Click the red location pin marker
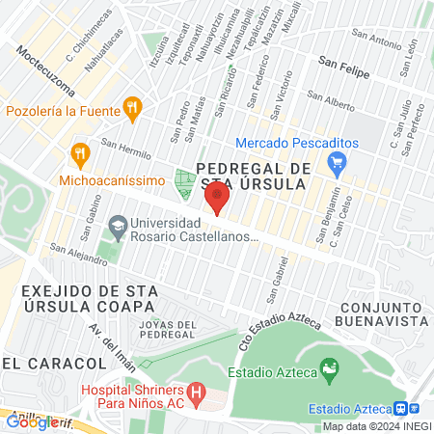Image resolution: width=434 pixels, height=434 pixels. point(217,200)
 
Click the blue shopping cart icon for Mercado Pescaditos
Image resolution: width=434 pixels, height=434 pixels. point(336,165)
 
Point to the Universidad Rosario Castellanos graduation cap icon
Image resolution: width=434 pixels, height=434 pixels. point(117,228)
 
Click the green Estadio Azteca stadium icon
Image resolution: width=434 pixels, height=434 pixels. point(330,367)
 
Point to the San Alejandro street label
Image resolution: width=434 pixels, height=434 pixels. point(79,256)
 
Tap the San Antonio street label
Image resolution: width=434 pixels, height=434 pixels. point(376,41)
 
